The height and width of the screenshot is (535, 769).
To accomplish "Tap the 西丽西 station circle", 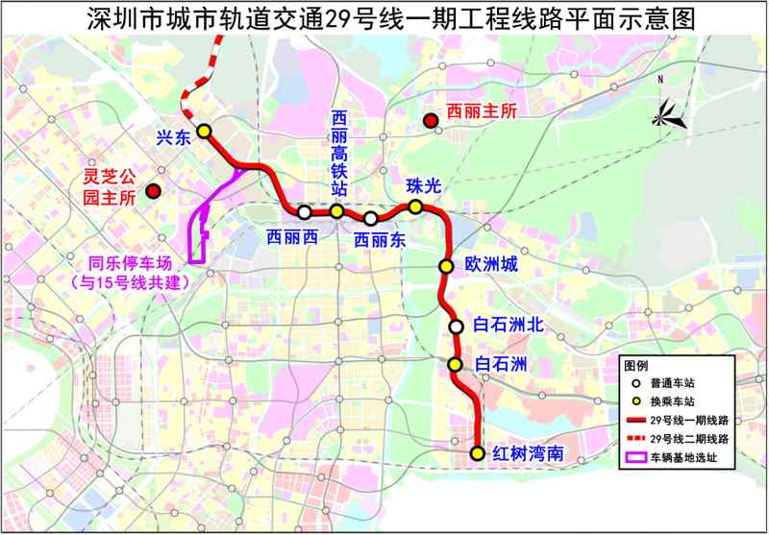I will point(304,212).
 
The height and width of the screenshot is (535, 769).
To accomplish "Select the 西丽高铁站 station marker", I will point(337,211).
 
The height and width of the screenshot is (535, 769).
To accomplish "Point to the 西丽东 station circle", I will point(370,218).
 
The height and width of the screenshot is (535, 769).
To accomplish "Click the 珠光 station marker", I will point(415,207).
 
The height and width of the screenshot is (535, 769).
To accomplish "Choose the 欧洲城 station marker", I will point(445,266).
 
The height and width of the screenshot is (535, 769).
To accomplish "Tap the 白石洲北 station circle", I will point(457,327).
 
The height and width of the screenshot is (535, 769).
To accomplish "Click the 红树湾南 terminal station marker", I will point(477,452).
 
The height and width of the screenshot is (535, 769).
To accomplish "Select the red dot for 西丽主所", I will point(431,120).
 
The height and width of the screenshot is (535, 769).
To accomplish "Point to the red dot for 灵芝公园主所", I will point(152,192).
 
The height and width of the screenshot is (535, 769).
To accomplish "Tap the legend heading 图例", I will point(635,366).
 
